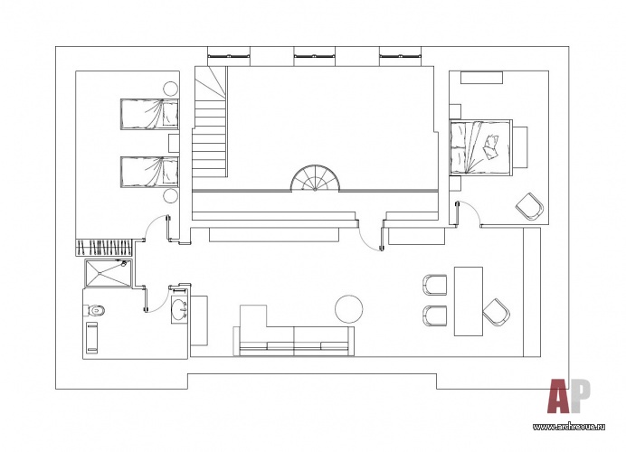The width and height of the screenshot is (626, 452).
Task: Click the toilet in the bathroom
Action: (x=96, y=309)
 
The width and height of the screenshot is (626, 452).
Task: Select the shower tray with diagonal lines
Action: (x=109, y=273)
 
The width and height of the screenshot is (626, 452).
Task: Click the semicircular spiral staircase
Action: (x=316, y=178)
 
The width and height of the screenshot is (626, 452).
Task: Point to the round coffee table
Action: (x=349, y=309)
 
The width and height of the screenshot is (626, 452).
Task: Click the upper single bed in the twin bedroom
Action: (x=149, y=114)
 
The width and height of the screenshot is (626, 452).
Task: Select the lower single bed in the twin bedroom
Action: (x=149, y=172)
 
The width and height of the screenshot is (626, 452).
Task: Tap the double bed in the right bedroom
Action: (x=480, y=146)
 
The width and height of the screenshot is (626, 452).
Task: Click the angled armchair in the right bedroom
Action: (x=530, y=206)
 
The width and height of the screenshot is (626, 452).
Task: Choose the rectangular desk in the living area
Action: (x=469, y=301)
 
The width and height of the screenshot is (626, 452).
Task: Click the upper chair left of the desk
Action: (x=435, y=285)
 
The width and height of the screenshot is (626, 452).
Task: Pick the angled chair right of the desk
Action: (x=497, y=312)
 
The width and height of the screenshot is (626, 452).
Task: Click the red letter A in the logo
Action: (x=560, y=396)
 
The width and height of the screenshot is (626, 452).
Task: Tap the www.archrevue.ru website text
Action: (x=569, y=427)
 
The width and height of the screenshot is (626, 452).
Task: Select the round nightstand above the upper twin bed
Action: (x=170, y=89)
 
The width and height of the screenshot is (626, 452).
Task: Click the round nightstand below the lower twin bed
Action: (x=170, y=196)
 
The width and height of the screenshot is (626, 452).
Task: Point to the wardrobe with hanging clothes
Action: (x=104, y=248)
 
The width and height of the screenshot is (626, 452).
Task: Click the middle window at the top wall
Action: (x=314, y=56)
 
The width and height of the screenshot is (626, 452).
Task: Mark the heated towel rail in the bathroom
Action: (x=92, y=337)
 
